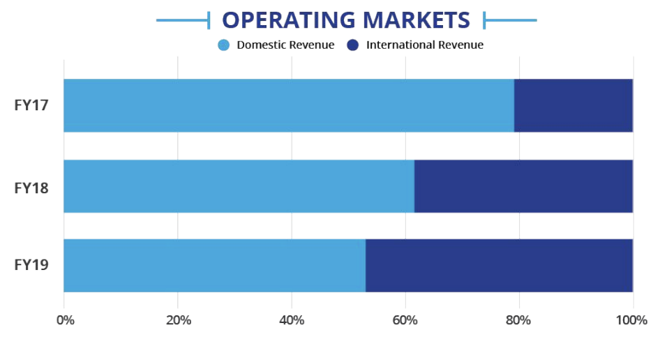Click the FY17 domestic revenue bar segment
pos(289,105)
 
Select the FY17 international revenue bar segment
pos(573,105)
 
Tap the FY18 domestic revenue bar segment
pos(239,186)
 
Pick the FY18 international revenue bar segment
pos(523,186)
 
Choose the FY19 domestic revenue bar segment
pos(214,265)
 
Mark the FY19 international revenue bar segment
pos(499,265)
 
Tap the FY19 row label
pos(31,266)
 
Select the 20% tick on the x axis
pos(179,320)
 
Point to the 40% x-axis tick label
pos(292,320)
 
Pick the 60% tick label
pos(405,320)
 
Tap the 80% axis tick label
pos(519,320)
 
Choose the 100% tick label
pos(632,320)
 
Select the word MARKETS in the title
pos(421,20)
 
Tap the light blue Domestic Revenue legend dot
pos(223,45)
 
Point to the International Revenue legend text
pos(424,45)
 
